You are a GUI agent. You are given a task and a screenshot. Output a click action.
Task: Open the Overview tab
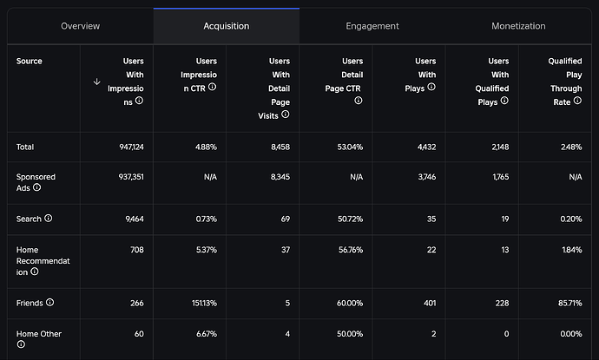(x=80, y=26)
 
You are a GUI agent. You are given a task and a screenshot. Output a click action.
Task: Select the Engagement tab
(x=372, y=26)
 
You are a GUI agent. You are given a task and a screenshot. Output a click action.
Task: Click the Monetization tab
(x=518, y=26)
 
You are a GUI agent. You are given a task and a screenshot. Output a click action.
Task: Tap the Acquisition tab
(x=226, y=26)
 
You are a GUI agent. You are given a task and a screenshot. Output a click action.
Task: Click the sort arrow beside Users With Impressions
(x=96, y=82)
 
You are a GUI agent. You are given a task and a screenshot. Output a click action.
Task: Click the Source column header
(x=29, y=62)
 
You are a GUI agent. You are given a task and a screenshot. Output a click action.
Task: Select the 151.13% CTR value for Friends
(x=200, y=303)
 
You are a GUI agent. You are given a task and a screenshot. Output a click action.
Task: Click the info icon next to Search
(x=49, y=219)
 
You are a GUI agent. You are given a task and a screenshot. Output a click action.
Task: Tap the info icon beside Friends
(x=50, y=303)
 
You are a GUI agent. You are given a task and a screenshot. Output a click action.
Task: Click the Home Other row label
(x=39, y=333)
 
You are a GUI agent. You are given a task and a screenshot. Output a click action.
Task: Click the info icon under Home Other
(x=21, y=344)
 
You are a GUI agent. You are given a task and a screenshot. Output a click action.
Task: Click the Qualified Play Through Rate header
(x=564, y=82)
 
